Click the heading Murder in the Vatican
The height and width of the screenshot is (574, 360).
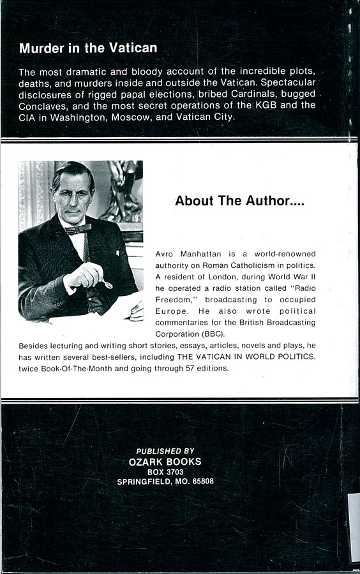(x=88, y=48)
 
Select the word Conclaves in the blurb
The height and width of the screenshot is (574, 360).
(x=43, y=105)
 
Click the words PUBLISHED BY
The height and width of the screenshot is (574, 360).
(x=166, y=450)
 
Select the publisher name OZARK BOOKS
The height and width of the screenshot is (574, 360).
(x=165, y=462)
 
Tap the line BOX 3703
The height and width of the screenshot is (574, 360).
(x=165, y=472)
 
